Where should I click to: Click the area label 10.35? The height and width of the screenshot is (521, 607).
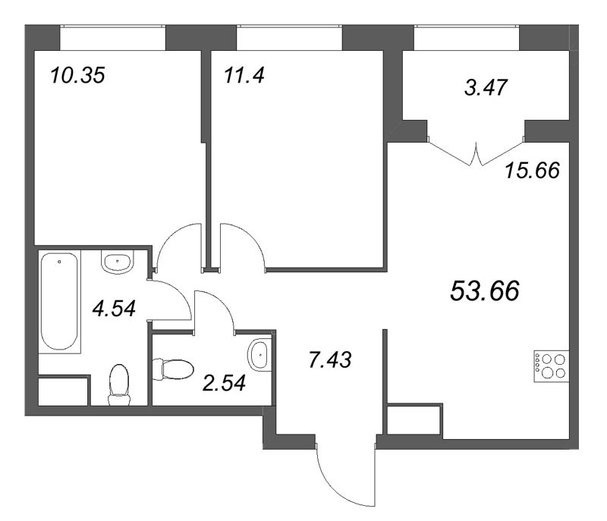pyautogui.click(x=77, y=75)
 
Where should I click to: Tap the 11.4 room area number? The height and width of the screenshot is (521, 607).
pyautogui.click(x=244, y=75)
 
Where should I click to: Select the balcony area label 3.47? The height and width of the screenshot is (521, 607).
pyautogui.click(x=486, y=87)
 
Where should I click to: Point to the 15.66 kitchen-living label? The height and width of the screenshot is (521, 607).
pyautogui.click(x=533, y=170)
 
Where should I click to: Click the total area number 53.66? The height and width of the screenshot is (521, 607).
pyautogui.click(x=485, y=291)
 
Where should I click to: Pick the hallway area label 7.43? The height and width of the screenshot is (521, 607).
pyautogui.click(x=330, y=359)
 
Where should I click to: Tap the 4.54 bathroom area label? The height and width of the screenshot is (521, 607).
pyautogui.click(x=115, y=309)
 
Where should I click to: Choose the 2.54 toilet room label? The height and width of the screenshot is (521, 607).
pyautogui.click(x=224, y=383)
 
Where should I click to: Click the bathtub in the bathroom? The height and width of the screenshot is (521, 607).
pyautogui.click(x=59, y=301)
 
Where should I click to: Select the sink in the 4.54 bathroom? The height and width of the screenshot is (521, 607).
pyautogui.click(x=118, y=262)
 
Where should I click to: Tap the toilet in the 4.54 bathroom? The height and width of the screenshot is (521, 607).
pyautogui.click(x=119, y=384)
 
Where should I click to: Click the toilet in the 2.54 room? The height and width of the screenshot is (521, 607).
pyautogui.click(x=173, y=369)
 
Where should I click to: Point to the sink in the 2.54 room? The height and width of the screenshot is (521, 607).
pyautogui.click(x=259, y=355)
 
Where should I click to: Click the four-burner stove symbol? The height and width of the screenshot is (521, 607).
pyautogui.click(x=552, y=366)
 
